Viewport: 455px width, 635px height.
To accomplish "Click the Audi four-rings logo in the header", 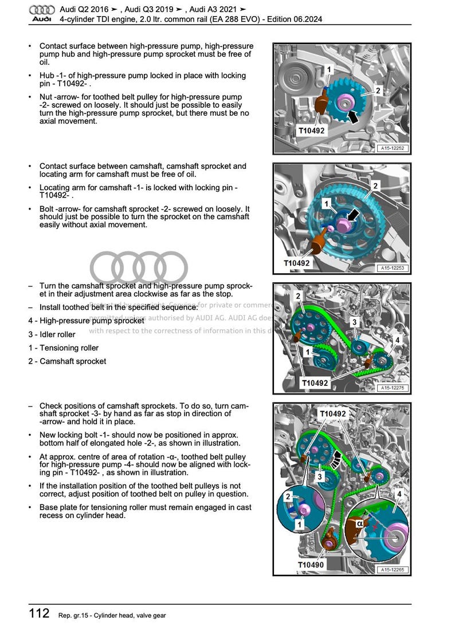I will tap(42, 10).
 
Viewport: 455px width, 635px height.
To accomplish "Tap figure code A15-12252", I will tap(393, 148).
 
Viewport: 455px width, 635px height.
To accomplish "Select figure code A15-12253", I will tap(393, 267).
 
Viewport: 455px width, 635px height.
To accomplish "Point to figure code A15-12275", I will tap(393, 388).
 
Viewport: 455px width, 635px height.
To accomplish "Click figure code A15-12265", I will tap(393, 569).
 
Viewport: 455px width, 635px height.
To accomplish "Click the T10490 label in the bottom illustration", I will tap(311, 565).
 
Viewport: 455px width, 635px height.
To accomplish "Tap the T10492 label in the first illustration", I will tap(311, 131).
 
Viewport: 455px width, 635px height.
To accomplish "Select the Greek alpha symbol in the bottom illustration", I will tap(360, 523).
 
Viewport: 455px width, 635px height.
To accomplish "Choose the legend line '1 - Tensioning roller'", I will tap(63, 348).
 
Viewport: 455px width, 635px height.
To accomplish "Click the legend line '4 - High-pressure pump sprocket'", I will tap(86, 321).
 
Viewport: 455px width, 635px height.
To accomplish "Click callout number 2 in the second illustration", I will tap(375, 186).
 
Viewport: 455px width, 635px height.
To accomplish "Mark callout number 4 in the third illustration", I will tap(397, 340).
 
